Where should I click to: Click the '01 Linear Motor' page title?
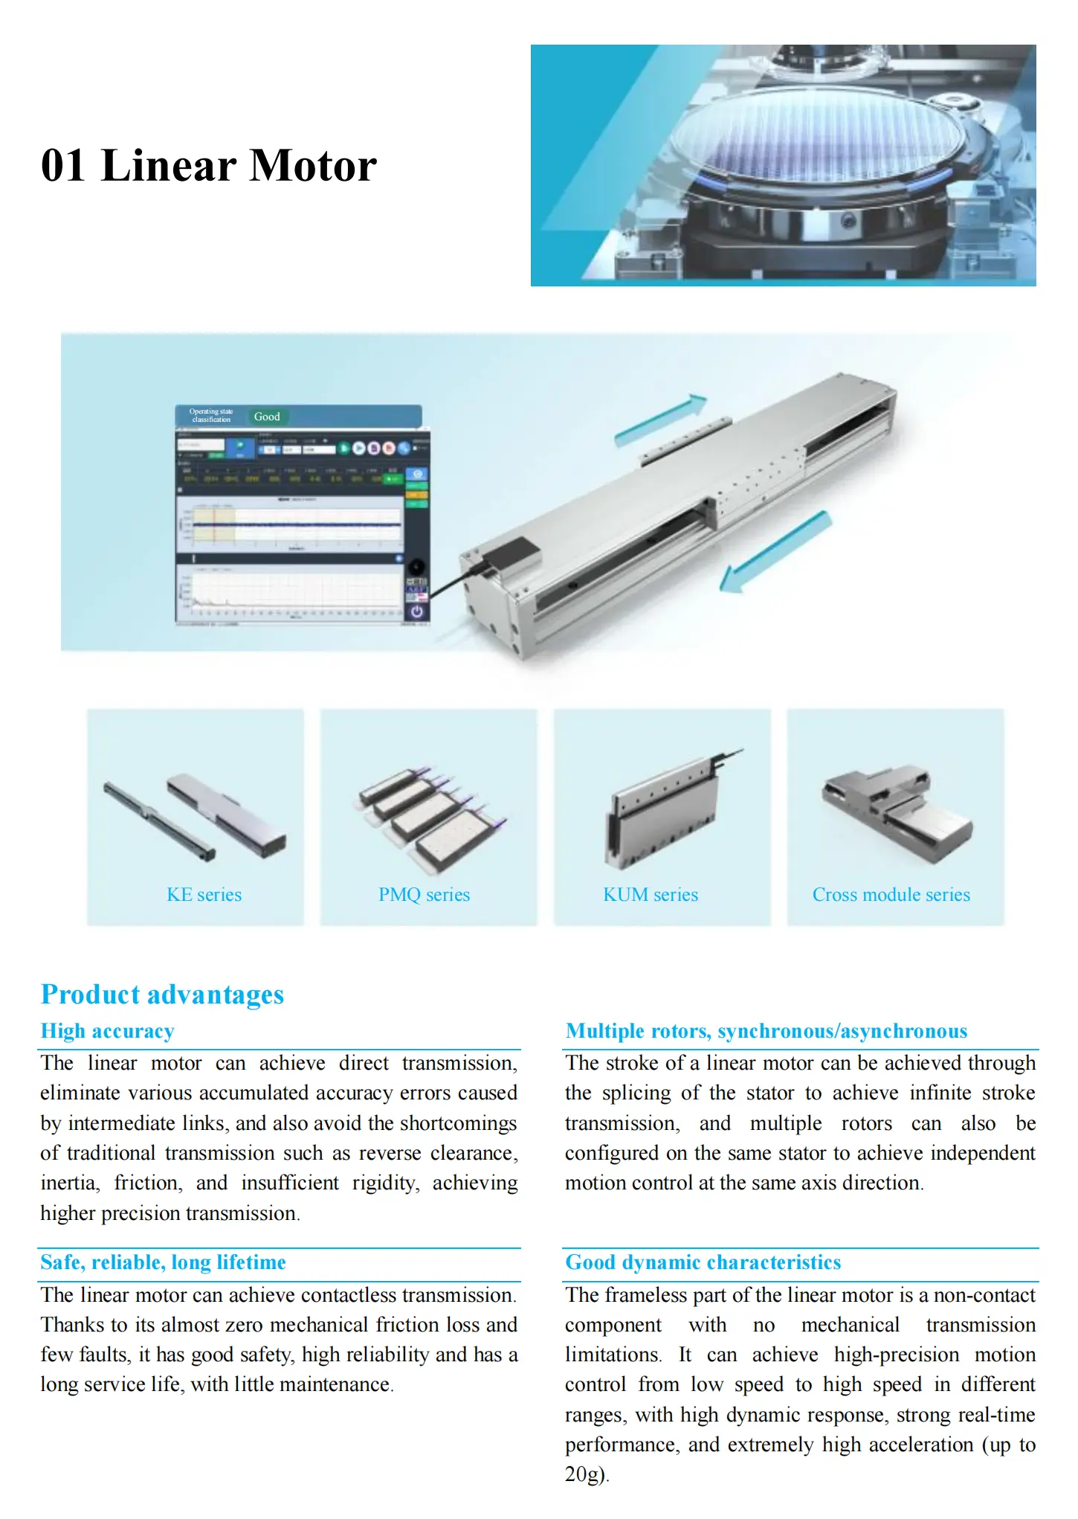click(x=209, y=165)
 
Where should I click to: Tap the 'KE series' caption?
click(x=204, y=894)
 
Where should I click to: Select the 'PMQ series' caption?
click(x=424, y=894)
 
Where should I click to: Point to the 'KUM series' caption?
click(x=651, y=894)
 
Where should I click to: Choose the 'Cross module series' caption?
click(x=891, y=894)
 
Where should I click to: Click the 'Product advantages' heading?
click(x=162, y=995)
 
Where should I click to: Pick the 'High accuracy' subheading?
click(x=107, y=1031)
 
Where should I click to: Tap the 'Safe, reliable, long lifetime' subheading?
click(x=163, y=1262)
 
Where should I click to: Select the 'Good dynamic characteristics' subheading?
click(x=703, y=1262)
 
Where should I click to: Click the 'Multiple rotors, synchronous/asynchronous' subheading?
click(x=766, y=1031)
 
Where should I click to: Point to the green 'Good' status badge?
click(x=267, y=417)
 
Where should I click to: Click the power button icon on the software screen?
click(x=416, y=611)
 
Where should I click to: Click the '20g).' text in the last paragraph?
click(x=587, y=1474)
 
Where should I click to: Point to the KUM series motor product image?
click(x=663, y=811)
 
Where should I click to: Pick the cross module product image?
click(x=896, y=815)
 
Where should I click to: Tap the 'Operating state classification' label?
click(x=211, y=416)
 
